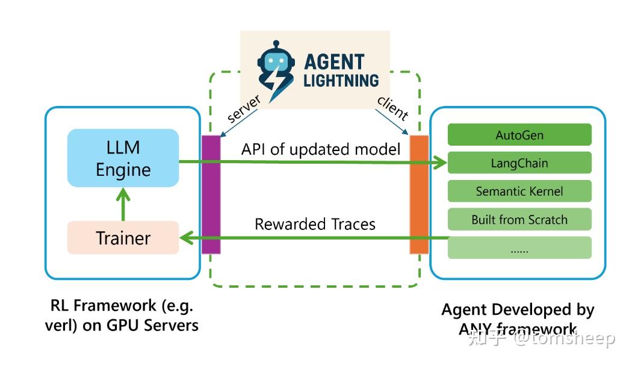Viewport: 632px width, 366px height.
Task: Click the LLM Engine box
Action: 123,158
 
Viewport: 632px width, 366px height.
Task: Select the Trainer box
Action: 123,238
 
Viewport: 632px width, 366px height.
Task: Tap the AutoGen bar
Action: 519,135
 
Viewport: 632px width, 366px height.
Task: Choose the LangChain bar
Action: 519,163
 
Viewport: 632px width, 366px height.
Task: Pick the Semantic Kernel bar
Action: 519,191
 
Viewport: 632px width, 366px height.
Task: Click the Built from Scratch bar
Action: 519,220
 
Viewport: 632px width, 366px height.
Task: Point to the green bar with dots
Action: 519,247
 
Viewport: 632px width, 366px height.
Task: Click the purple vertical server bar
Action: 211,194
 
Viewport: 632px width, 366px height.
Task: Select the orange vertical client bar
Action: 419,194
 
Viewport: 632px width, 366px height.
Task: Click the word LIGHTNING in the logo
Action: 341,80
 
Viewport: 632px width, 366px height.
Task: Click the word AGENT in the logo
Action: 334,61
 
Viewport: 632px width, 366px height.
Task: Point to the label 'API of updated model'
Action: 321,149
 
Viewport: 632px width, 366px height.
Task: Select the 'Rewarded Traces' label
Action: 315,225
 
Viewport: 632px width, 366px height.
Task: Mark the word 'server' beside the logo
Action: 243,110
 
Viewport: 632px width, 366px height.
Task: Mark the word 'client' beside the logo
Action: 392,107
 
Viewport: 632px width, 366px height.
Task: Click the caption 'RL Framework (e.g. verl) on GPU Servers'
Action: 122,315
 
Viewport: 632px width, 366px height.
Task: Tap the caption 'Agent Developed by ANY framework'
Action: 518,318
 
